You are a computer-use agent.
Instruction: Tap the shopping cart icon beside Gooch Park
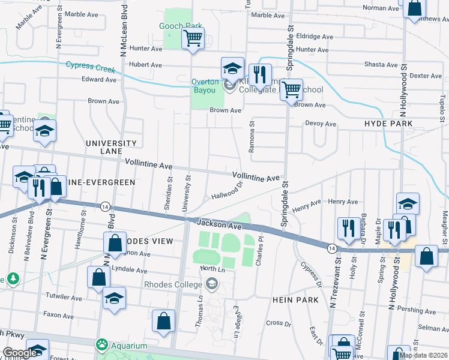pos(193,38)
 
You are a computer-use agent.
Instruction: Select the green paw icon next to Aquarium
pos(100,346)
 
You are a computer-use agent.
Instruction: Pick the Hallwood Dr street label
pos(226,192)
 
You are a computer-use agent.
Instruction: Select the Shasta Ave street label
pos(381,65)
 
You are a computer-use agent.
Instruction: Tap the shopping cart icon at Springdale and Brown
pos(291,91)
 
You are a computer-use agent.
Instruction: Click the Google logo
pos(20,353)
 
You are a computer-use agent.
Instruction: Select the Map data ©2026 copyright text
pos(423,355)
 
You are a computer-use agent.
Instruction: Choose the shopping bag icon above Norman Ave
pos(414,8)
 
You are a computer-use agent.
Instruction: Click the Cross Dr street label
pos(278,323)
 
